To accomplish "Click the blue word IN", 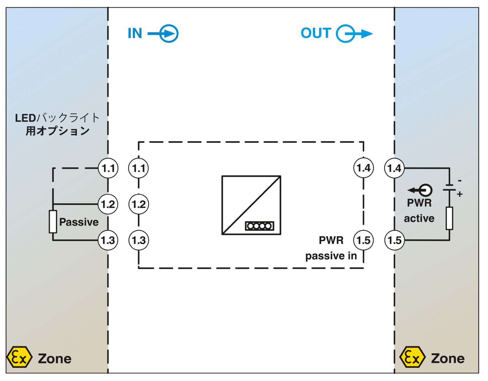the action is pos(135,33).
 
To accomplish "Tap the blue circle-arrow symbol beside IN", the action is pos(163,34).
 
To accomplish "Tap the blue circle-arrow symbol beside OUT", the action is pos(354,34).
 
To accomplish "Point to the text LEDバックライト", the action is pos(57,118).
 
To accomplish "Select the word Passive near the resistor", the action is pos(79,222).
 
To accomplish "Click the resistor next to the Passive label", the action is pos(53,221).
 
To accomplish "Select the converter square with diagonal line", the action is pos(251,205).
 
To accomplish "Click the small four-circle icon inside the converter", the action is pos(259,226).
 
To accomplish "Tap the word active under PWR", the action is pos(419,218).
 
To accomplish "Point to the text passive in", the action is pos(331,256).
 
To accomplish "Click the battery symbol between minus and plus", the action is pos(449,188).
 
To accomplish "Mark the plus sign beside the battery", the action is pos(459,194).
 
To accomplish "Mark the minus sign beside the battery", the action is pos(460,181).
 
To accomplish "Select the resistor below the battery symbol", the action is pos(449,218).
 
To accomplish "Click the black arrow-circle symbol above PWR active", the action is pos(420,190).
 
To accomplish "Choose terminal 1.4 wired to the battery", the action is pos(394,168).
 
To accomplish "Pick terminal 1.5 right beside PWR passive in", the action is pos(364,240).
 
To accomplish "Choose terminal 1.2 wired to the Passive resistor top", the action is pos(108,204).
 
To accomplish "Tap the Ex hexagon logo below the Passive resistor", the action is pos(19,357).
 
